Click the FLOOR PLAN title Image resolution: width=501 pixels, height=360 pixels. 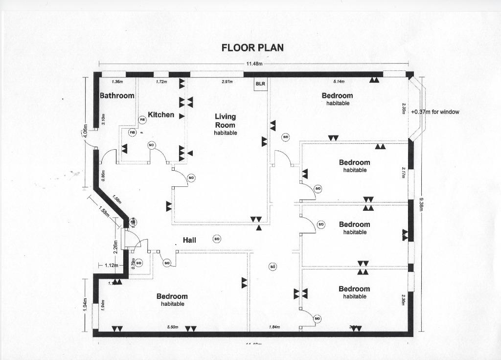(x=252, y=47)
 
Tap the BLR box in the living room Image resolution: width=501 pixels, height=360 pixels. (x=260, y=84)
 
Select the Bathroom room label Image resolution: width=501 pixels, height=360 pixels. (x=117, y=95)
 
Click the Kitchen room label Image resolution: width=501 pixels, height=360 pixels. (x=161, y=114)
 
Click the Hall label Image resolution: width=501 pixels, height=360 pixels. (x=189, y=240)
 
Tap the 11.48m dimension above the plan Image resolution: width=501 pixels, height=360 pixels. (x=254, y=64)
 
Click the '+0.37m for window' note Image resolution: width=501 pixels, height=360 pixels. (x=435, y=112)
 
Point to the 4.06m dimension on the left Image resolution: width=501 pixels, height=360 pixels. (x=86, y=132)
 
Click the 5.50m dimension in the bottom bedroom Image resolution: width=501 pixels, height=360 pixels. (x=173, y=327)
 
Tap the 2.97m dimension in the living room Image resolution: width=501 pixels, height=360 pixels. (x=227, y=82)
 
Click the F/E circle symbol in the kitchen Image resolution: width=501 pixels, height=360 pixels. (x=143, y=119)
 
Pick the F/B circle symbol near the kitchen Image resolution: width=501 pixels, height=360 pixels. (x=132, y=133)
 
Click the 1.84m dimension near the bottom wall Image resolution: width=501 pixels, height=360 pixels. (x=274, y=327)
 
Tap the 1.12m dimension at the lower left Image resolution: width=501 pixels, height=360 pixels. (x=111, y=265)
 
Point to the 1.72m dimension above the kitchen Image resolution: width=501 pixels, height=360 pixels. (x=161, y=82)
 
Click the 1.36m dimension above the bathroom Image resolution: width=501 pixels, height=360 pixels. (x=117, y=82)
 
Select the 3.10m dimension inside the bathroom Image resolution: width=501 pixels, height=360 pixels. (x=104, y=120)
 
